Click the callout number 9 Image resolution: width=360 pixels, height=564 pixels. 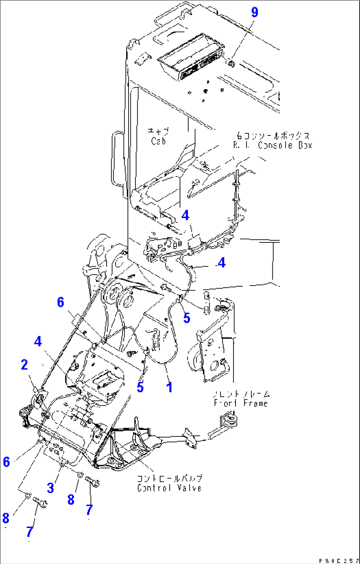point(254,12)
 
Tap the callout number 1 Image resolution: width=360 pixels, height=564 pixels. point(169,387)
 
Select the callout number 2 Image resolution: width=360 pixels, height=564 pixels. point(24,365)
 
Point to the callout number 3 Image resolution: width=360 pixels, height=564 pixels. point(50,487)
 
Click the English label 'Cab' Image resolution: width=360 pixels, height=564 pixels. point(158,141)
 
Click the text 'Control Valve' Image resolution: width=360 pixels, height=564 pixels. point(169,488)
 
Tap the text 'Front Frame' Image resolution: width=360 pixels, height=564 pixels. point(240,403)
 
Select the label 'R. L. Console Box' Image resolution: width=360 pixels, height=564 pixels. point(272,145)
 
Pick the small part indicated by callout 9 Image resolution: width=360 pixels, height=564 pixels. point(231,63)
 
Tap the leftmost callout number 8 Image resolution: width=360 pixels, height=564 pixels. point(6,518)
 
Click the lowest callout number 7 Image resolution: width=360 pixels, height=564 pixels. point(30,532)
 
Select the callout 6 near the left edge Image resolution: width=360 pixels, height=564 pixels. point(6,462)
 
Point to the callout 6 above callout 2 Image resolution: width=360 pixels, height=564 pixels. point(60,302)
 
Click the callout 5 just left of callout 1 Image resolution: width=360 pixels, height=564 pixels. point(140,387)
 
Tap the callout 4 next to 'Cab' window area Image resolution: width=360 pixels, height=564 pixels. point(185,215)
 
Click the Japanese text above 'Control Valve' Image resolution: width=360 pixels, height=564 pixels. point(169,478)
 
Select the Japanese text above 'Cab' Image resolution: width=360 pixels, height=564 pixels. point(158,131)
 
